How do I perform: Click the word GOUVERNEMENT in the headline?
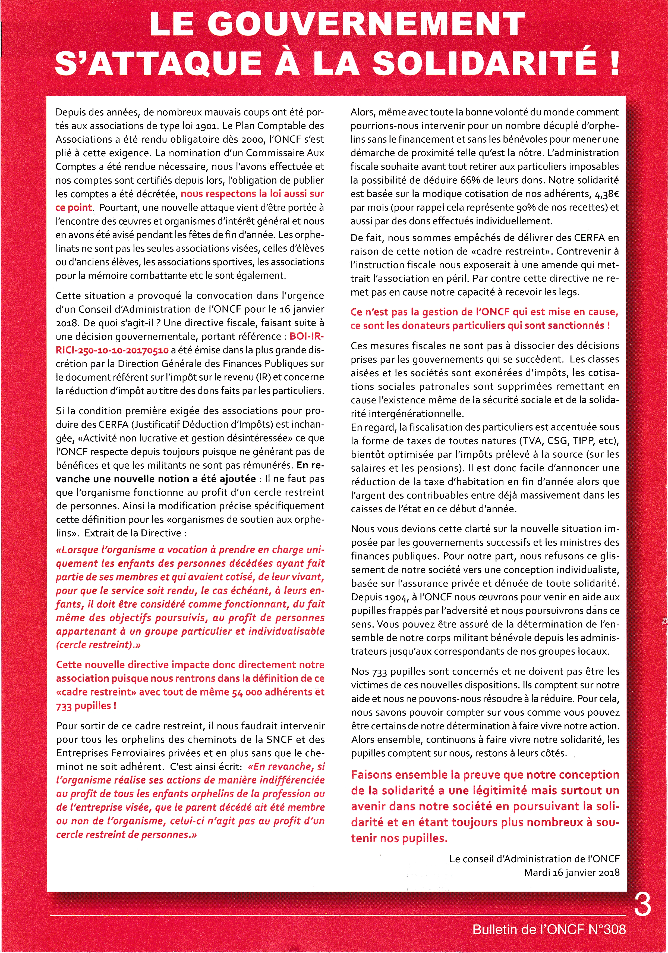[x=369, y=24]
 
